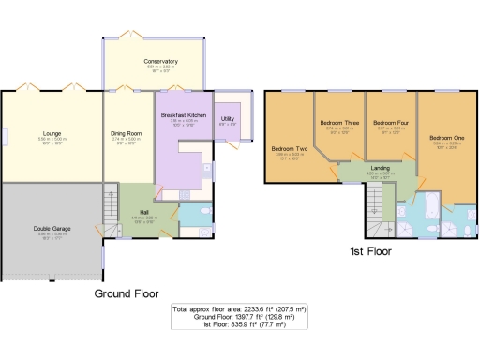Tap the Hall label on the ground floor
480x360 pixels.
(133, 212)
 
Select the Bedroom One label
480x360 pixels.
(446, 139)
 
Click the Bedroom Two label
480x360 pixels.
(290, 149)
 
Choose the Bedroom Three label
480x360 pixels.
(338, 123)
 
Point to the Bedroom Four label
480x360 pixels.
(391, 123)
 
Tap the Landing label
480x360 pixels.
(380, 168)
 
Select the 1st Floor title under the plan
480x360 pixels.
(374, 252)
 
